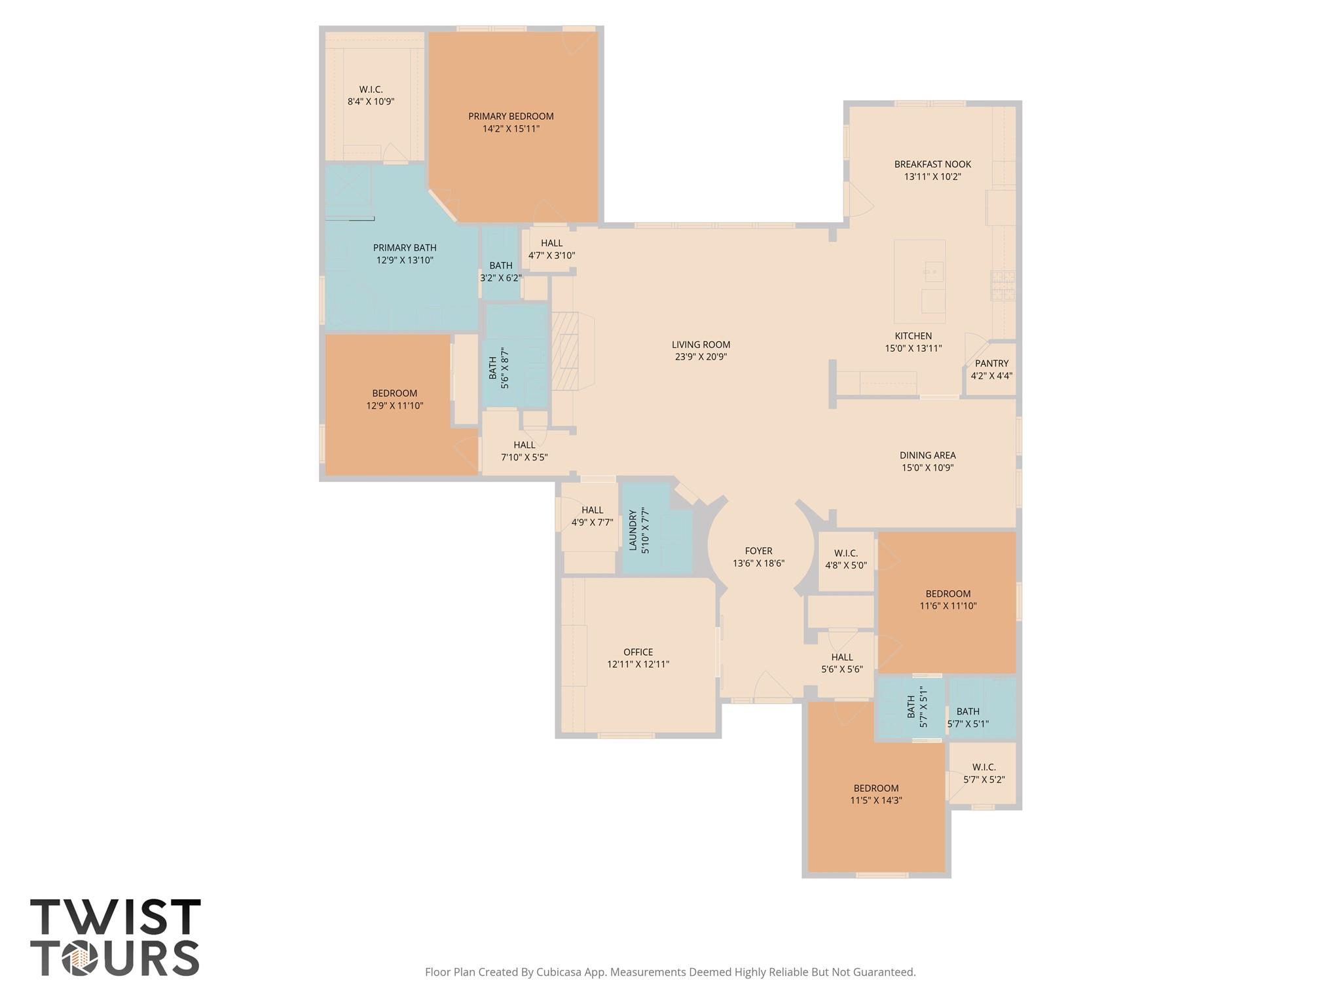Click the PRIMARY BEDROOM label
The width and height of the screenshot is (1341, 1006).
click(511, 117)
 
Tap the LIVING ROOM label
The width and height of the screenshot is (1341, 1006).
click(701, 345)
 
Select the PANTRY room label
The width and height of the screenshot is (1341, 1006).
click(991, 363)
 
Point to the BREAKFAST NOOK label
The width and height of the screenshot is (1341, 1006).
click(932, 164)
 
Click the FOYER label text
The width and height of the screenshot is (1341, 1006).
click(758, 551)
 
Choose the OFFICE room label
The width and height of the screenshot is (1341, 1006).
click(638, 652)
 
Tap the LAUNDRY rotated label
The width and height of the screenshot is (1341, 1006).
click(633, 531)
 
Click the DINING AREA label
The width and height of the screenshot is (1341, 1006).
click(927, 455)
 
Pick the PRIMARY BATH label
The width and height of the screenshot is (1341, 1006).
click(405, 248)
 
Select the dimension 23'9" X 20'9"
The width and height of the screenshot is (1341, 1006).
click(701, 357)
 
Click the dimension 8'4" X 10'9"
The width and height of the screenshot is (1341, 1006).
click(371, 102)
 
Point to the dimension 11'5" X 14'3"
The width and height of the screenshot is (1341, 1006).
click(876, 800)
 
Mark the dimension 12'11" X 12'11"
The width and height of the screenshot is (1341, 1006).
click(638, 664)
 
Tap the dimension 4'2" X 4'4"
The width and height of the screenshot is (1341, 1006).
click(991, 376)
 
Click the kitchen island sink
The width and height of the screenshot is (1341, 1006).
click(933, 270)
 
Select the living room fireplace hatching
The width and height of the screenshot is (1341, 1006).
click(566, 350)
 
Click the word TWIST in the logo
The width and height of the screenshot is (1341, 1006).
click(115, 918)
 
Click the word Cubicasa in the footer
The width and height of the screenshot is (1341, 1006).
click(559, 972)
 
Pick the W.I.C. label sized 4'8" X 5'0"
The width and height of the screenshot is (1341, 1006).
click(846, 553)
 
